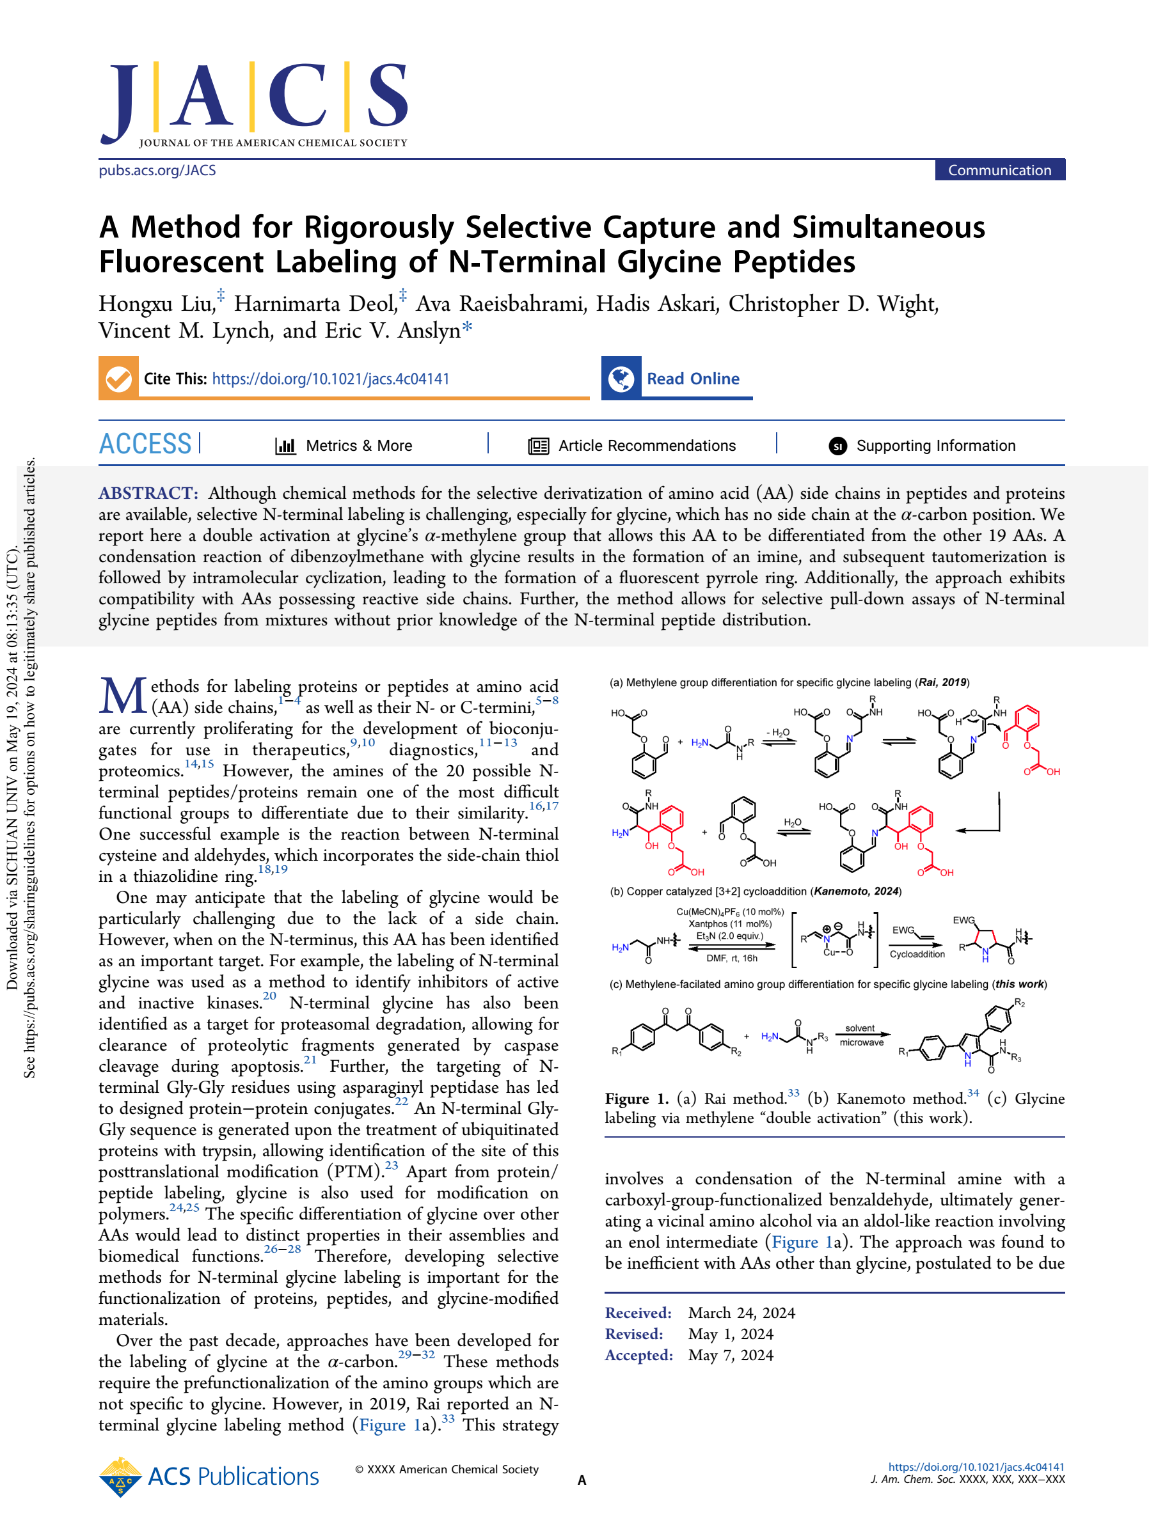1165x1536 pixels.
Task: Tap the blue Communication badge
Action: tap(999, 170)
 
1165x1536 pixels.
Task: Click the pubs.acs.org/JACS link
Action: tap(157, 170)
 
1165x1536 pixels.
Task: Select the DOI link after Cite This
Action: tap(331, 379)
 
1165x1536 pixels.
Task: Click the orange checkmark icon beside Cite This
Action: tap(119, 379)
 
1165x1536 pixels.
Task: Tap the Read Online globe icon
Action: tap(621, 379)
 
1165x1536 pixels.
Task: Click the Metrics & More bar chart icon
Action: tap(285, 446)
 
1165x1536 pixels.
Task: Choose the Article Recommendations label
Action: tap(647, 446)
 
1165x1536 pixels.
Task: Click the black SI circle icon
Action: tap(838, 446)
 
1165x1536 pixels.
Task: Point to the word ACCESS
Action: tap(145, 444)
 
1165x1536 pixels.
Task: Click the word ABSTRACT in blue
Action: tap(148, 493)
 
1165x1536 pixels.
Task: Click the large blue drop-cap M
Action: tap(123, 696)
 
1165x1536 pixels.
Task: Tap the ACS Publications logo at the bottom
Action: tap(209, 1477)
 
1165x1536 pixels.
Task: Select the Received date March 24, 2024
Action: tap(741, 1312)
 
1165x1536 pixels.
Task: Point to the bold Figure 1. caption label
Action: tap(637, 1099)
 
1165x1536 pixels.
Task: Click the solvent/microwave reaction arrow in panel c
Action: tap(861, 1035)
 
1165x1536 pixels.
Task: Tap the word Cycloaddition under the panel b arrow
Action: tap(917, 954)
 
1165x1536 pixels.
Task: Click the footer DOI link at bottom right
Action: tap(976, 1466)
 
